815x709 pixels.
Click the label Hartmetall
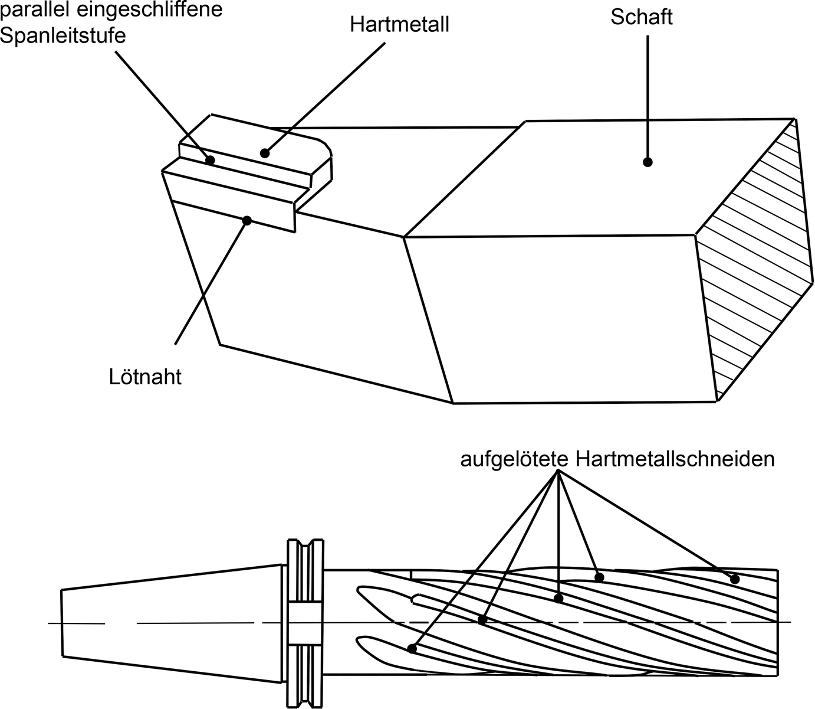399,25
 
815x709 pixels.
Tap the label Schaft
641,17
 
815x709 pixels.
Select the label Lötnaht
145,377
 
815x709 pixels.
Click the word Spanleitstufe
63,35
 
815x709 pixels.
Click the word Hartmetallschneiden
675,459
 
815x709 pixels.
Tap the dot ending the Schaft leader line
648,162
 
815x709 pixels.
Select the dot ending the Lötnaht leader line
247,220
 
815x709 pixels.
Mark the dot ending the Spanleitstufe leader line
210,159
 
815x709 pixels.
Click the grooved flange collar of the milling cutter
304,623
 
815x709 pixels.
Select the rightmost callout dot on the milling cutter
734,579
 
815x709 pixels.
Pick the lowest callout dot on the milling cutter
412,649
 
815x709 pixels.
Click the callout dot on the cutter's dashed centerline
482,620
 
